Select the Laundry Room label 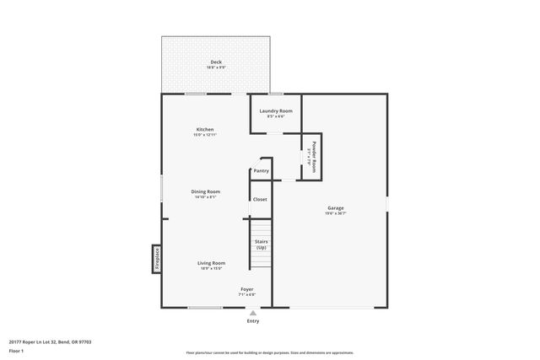(276, 110)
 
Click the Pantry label (261, 171)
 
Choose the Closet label (260, 199)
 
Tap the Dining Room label (206, 191)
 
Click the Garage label (336, 208)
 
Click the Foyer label (246, 289)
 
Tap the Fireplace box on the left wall (156, 258)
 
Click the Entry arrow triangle (252, 312)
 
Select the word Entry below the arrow (252, 321)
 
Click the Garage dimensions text (336, 214)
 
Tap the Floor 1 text (16, 350)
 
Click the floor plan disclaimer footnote (269, 352)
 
